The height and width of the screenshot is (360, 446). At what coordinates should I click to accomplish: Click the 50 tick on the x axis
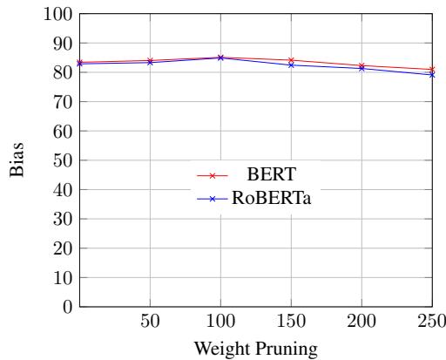150,321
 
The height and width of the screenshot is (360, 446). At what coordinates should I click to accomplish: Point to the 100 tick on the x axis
220,321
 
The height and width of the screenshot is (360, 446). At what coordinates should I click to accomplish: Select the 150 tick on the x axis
291,321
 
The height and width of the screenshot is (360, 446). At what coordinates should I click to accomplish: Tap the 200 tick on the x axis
362,321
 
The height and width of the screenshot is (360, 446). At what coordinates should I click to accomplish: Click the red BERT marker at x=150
291,60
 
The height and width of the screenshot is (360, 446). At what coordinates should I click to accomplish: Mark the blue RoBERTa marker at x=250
432,75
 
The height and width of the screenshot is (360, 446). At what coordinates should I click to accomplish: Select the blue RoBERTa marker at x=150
291,65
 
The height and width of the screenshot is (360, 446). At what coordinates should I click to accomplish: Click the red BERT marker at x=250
432,70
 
